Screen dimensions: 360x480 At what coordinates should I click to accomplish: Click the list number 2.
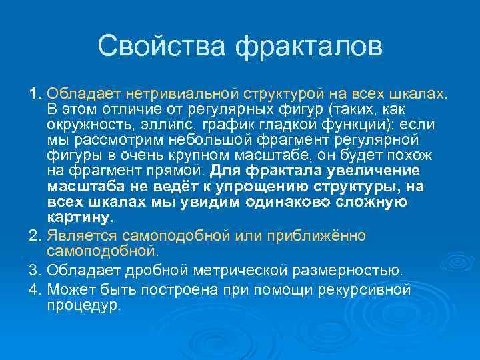[35, 236]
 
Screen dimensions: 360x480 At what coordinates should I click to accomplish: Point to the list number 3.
[35, 271]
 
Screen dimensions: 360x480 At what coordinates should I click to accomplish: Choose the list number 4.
[35, 290]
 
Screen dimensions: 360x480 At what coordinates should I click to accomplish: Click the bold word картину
[80, 217]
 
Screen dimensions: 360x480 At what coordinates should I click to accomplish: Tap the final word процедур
[83, 305]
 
